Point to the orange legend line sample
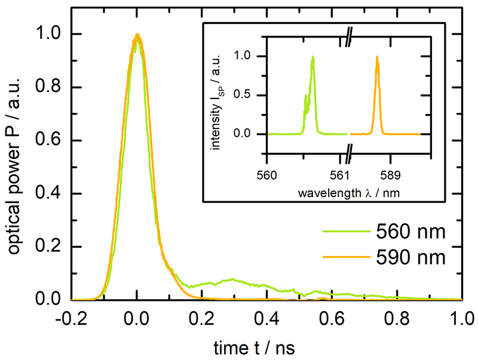coord(344,257)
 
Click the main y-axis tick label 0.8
coord(50,88)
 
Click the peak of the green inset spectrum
coord(312,57)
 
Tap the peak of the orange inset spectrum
coord(377,57)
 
